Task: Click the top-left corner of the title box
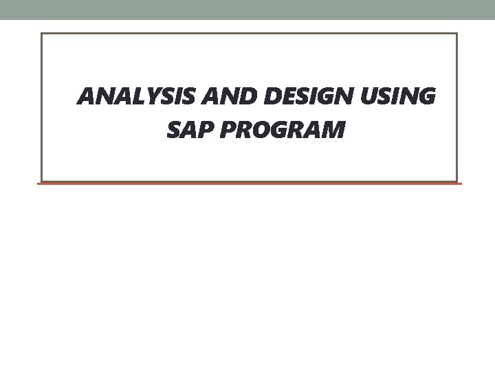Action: [42, 34]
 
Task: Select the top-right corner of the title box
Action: [456, 34]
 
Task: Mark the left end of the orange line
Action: [38, 183]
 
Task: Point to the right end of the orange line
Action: [461, 183]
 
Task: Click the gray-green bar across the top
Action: [247, 10]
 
